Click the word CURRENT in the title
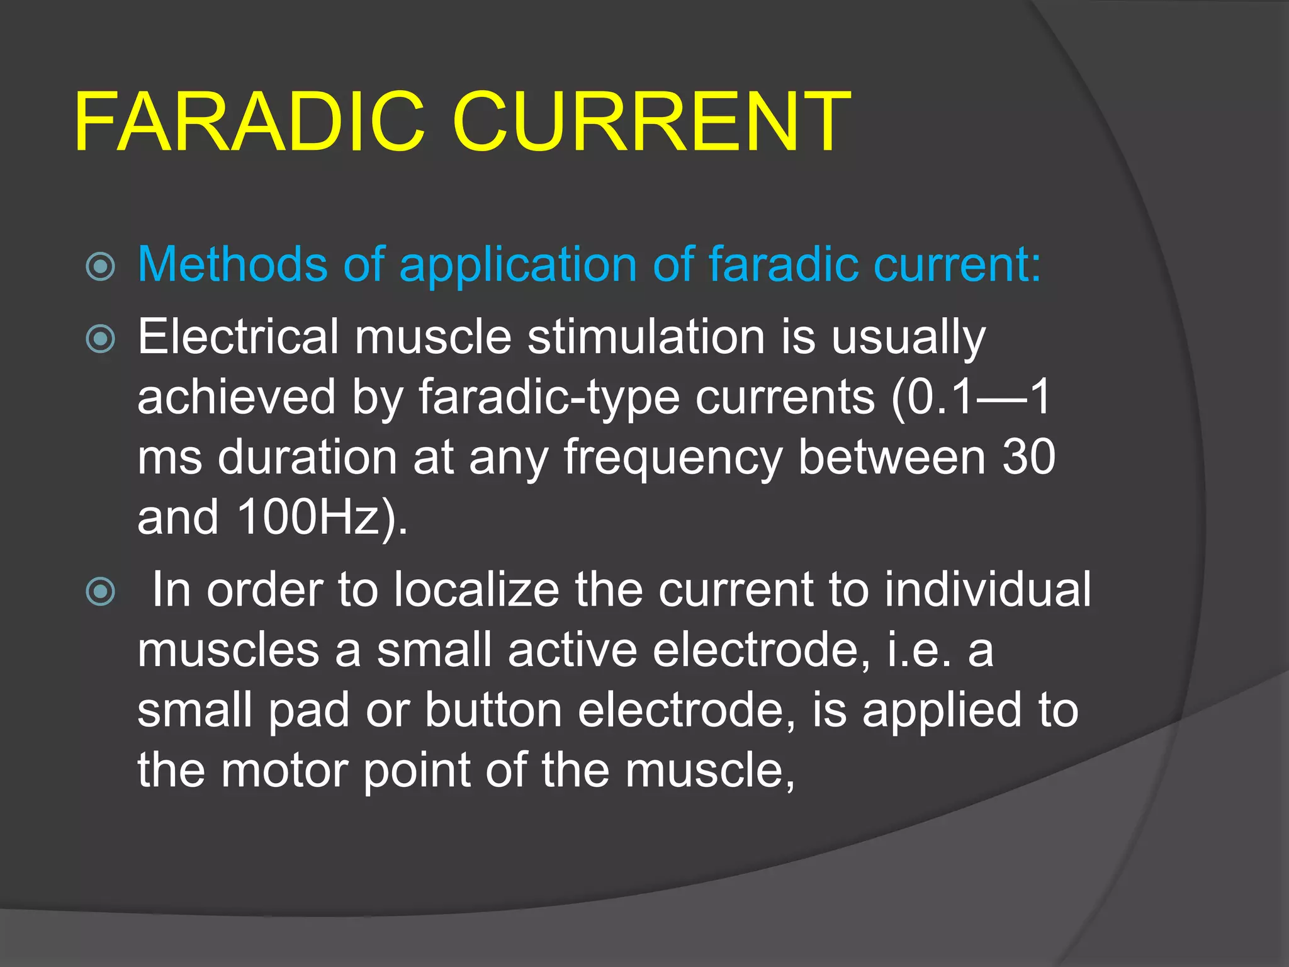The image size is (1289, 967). (651, 122)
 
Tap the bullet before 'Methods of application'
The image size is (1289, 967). (101, 266)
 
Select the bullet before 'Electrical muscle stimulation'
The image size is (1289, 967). (101, 339)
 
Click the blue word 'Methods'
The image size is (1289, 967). (232, 264)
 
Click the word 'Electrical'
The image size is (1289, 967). (238, 337)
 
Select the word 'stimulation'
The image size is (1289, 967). (646, 337)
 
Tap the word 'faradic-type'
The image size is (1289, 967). (549, 399)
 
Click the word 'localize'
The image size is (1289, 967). (476, 590)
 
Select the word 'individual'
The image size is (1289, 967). (988, 590)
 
